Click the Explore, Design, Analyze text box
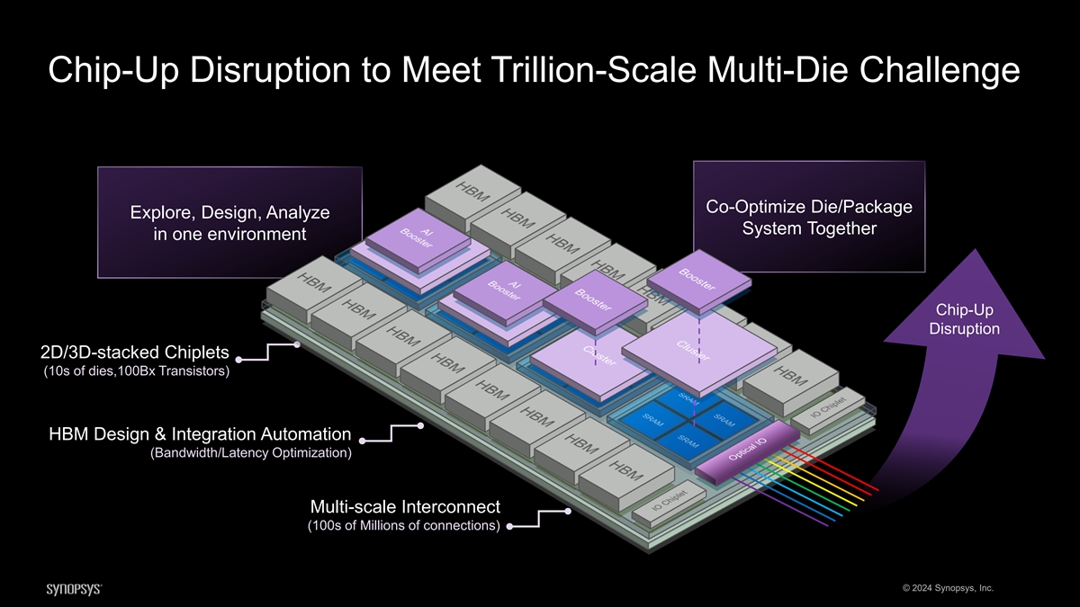coord(229,222)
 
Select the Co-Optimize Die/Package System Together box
coord(809,217)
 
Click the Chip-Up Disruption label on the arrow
coord(964,319)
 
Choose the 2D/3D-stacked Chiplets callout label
coord(134,352)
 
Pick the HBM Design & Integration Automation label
coord(200,435)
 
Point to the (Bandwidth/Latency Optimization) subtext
coord(250,453)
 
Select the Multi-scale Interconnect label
coord(404,506)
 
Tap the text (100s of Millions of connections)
coord(404,525)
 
